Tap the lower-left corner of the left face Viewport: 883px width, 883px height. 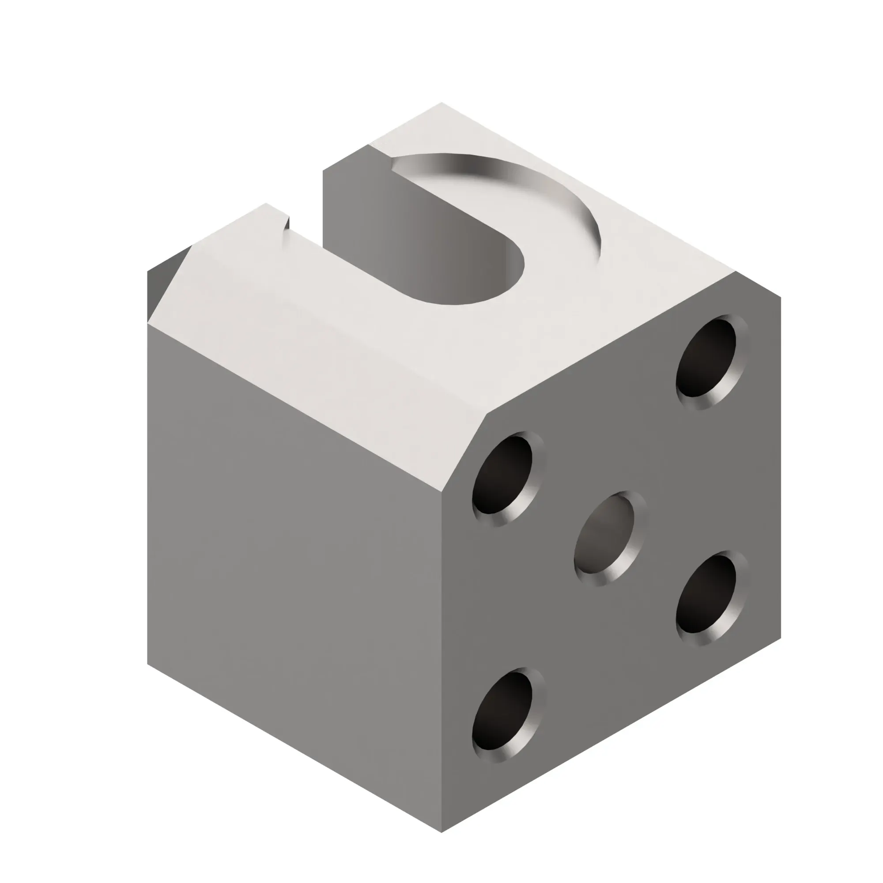pyautogui.click(x=148, y=663)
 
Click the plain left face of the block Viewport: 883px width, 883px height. pyautogui.click(x=293, y=571)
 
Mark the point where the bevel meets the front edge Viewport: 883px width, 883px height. pyautogui.click(x=441, y=492)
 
